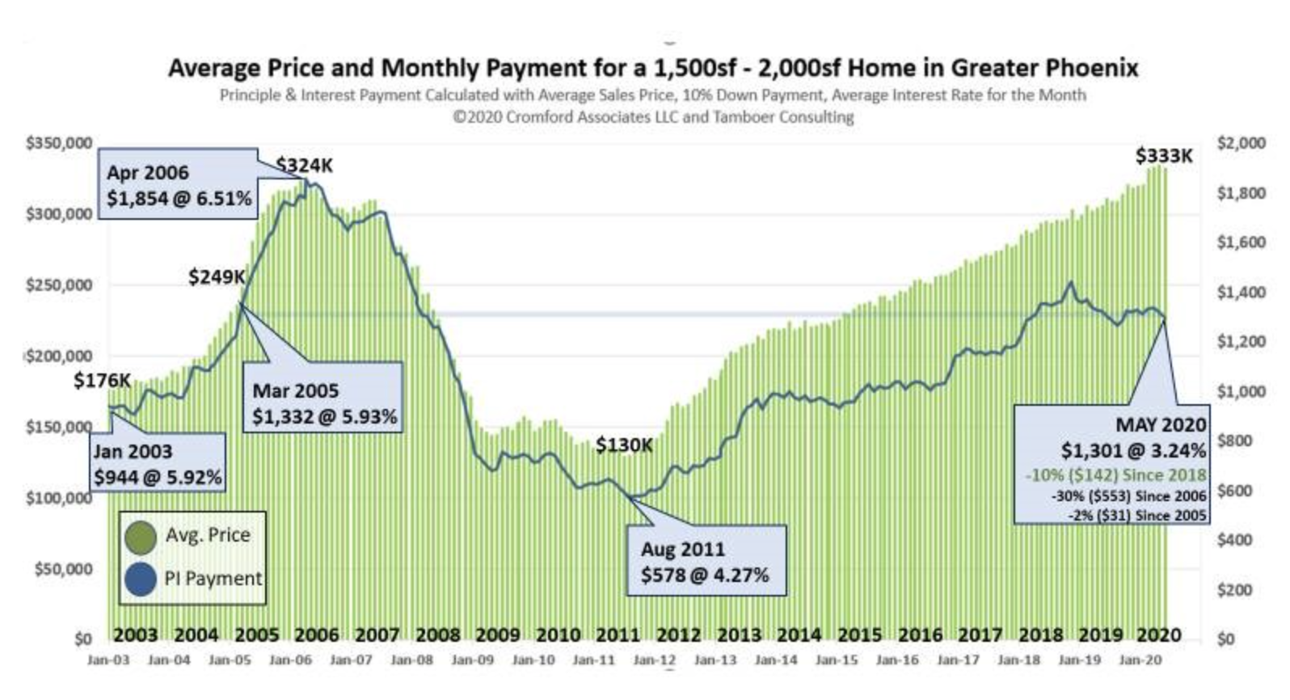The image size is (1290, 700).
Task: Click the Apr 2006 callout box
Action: coord(179,184)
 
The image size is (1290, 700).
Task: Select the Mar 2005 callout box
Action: coord(323,403)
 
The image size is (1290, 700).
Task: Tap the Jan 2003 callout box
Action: coord(158,464)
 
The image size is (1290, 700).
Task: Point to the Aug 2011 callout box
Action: coord(705,561)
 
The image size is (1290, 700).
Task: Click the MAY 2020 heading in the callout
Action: coord(1160,425)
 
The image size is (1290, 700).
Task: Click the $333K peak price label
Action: coord(1163,156)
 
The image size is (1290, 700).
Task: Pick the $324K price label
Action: coord(305,166)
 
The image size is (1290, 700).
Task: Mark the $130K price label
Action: coord(623,445)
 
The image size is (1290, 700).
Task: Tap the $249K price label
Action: coord(216,277)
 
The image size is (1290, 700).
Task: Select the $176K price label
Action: coord(102,380)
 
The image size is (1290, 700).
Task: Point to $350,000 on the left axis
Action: coord(59,144)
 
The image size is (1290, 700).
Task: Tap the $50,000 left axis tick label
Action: coord(63,570)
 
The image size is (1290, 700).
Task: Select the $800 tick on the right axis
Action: coord(1236,441)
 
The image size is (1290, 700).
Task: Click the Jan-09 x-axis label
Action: coord(472,660)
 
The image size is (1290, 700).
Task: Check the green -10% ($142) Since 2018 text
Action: coord(1115,475)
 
